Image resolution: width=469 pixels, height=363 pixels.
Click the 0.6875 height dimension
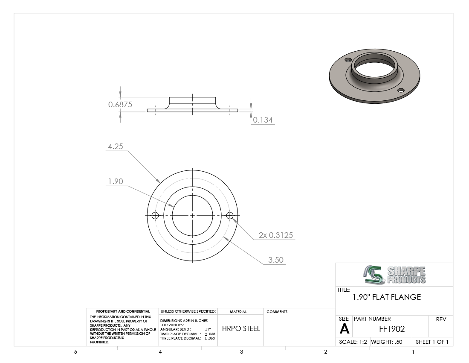[120, 105]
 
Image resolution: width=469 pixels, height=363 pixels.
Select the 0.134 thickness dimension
[263, 120]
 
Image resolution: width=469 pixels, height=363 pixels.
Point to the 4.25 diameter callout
[116, 146]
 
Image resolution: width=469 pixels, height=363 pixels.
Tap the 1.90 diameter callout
[116, 181]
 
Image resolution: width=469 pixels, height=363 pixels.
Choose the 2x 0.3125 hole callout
[276, 235]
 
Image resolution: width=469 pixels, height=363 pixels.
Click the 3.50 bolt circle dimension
[275, 260]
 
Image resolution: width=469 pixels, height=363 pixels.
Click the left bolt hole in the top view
[155, 215]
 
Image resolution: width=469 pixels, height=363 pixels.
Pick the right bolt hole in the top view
[230, 215]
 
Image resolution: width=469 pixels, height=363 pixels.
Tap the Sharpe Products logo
[394, 275]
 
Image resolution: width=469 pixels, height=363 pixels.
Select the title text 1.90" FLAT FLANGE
[387, 297]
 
